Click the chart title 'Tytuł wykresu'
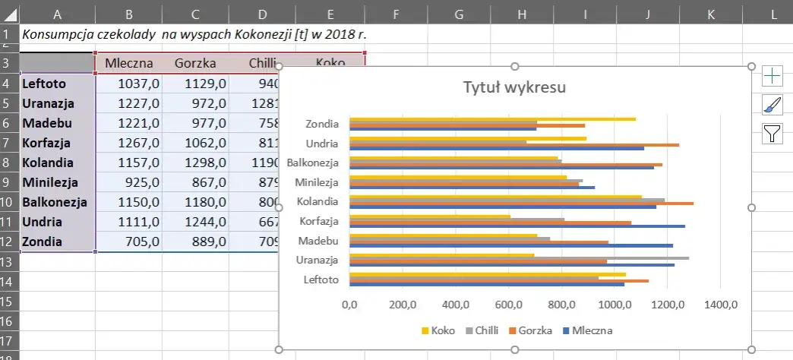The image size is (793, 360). click(x=514, y=87)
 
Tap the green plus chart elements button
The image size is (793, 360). click(x=772, y=75)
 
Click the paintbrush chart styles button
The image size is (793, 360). click(x=772, y=105)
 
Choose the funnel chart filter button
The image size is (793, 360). click(x=772, y=134)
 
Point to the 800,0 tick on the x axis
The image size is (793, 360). click(x=562, y=305)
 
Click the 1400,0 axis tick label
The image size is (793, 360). click(x=721, y=305)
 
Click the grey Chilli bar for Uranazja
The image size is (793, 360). click(x=519, y=258)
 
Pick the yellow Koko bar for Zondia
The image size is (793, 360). click(x=492, y=118)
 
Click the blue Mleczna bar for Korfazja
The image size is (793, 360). click(x=517, y=226)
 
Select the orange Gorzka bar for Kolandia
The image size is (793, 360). click(x=521, y=203)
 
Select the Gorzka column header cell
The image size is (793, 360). click(x=195, y=63)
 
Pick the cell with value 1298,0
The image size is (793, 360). click(x=195, y=163)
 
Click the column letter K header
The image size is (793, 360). click(x=710, y=13)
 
